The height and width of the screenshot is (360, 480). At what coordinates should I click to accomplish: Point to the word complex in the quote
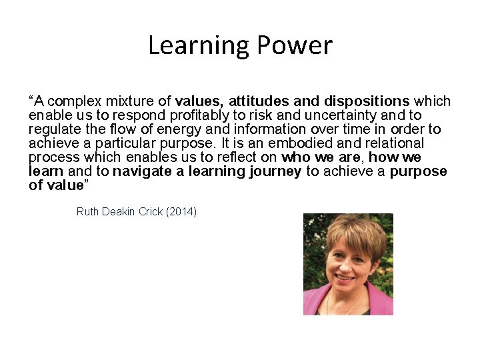tap(71, 101)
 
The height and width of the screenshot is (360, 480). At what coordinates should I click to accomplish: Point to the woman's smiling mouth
tap(345, 277)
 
